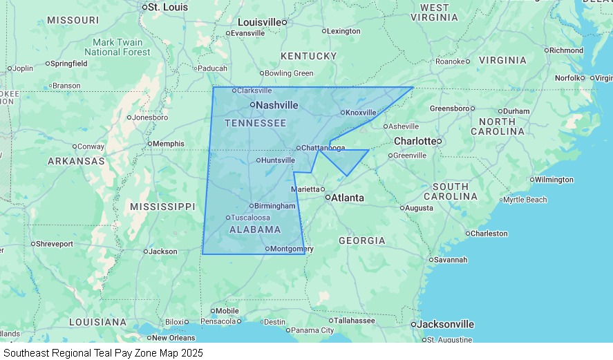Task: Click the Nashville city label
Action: [x=277, y=105]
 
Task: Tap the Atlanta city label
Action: [x=347, y=198]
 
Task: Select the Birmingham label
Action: [x=274, y=206]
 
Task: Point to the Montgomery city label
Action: [x=292, y=249]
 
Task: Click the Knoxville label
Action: [x=361, y=113]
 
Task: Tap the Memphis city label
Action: [x=168, y=144]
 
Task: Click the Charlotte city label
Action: [x=415, y=141]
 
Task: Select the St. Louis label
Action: [x=168, y=7]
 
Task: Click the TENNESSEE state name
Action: [x=255, y=123]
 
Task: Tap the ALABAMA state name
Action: [x=255, y=229]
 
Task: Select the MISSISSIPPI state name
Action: [x=162, y=207]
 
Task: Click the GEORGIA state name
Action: [x=362, y=240]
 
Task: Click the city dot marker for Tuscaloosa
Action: [x=228, y=218]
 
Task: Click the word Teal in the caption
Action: [x=104, y=352]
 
